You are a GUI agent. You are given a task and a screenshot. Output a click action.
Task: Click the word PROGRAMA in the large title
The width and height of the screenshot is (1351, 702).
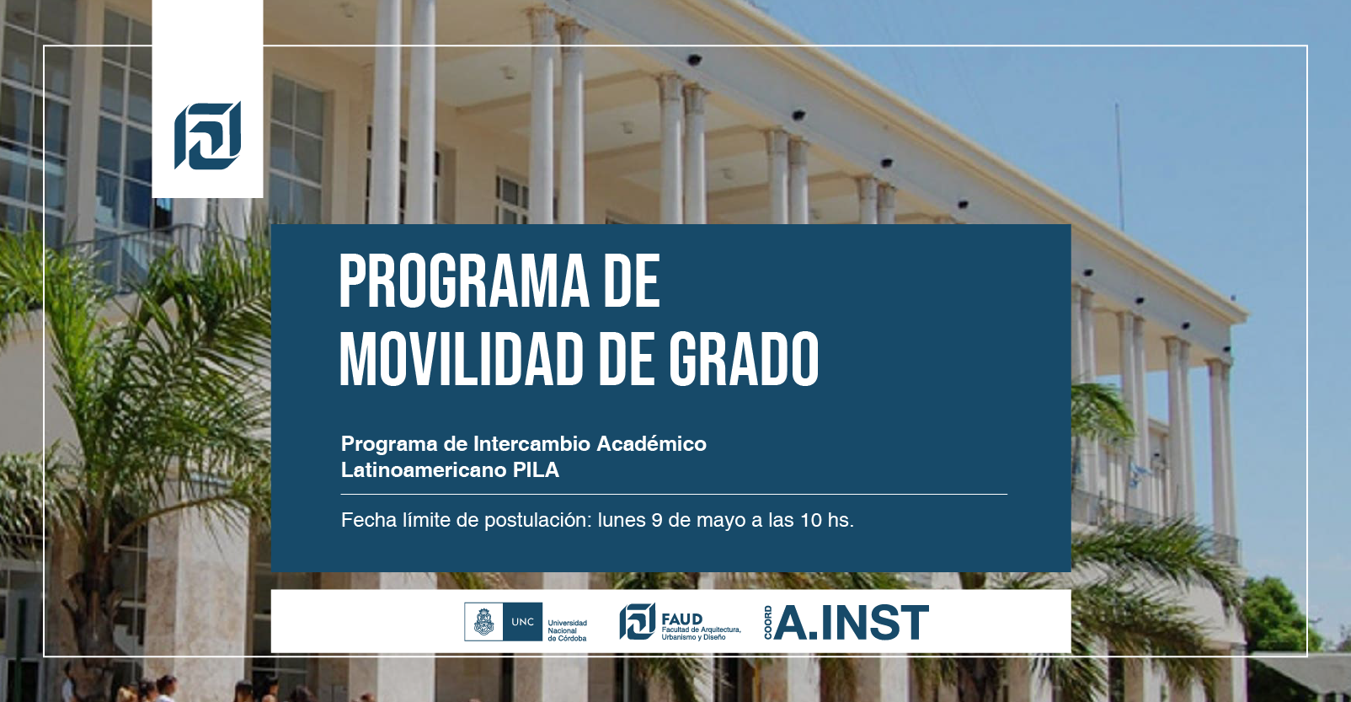464,281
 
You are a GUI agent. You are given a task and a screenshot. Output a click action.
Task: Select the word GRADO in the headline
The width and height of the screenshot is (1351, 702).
744,359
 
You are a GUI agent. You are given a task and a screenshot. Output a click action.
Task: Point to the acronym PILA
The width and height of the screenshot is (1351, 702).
537,469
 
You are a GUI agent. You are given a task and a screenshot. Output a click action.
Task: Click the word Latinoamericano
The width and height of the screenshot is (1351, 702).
424,469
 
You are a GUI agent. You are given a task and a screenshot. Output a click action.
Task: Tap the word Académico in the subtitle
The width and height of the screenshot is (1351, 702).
651,443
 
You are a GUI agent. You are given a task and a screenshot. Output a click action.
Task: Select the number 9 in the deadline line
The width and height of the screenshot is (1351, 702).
657,520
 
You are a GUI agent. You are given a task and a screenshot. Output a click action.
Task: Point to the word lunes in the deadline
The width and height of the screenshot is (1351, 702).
622,520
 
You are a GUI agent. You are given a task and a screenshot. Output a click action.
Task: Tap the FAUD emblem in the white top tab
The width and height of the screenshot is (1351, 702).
207,135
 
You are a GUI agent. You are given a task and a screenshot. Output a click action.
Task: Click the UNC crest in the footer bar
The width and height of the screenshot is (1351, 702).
483,622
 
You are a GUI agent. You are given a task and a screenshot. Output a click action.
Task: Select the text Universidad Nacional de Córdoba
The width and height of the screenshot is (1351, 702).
567,630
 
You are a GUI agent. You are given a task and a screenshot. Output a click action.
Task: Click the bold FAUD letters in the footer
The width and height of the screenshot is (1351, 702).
682,619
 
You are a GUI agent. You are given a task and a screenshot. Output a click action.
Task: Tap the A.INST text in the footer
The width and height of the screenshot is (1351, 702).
852,622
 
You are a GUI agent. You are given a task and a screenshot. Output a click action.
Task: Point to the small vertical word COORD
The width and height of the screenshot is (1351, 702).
768,622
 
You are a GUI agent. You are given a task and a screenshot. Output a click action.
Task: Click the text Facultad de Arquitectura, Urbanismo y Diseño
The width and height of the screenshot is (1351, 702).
701,633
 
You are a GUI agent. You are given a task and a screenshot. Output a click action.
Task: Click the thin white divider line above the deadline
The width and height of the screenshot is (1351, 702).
674,495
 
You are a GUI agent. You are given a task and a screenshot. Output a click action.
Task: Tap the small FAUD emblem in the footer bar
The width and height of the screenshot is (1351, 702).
638,621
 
